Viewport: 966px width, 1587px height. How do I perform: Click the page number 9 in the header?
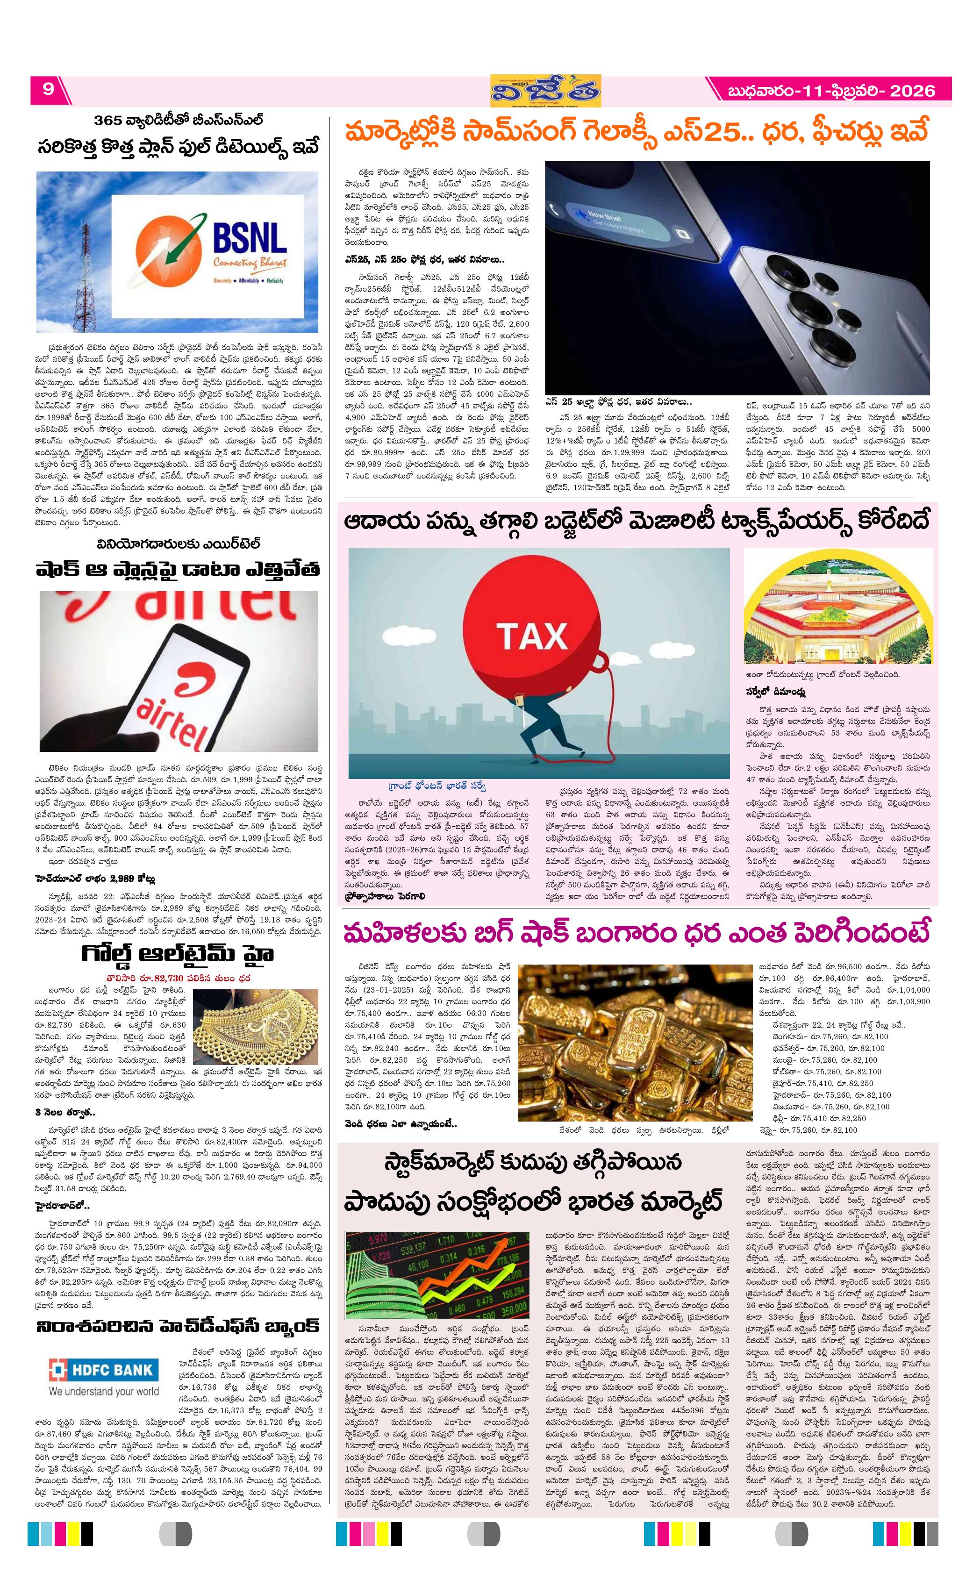pyautogui.click(x=48, y=89)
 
